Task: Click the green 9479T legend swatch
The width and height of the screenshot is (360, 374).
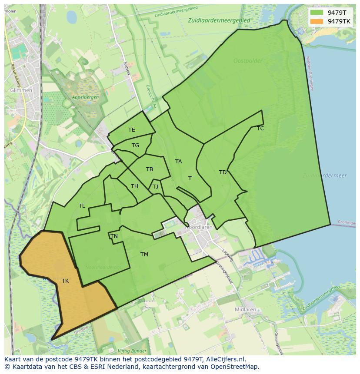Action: pyautogui.click(x=317, y=13)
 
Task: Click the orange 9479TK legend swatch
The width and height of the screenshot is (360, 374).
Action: pyautogui.click(x=317, y=21)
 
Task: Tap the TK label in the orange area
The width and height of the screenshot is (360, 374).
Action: pyautogui.click(x=65, y=281)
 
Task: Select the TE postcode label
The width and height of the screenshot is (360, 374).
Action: pyautogui.click(x=132, y=130)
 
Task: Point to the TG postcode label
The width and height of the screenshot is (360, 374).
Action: pyautogui.click(x=135, y=146)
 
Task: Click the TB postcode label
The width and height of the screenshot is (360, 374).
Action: pyautogui.click(x=150, y=169)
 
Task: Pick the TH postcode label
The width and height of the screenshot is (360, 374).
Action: pyautogui.click(x=134, y=186)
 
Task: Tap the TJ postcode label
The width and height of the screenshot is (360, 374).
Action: pyautogui.click(x=155, y=187)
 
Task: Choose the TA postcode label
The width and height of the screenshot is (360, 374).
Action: pyautogui.click(x=178, y=162)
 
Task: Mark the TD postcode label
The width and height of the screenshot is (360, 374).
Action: pyautogui.click(x=223, y=172)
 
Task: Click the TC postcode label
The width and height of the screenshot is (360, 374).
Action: pyautogui.click(x=260, y=129)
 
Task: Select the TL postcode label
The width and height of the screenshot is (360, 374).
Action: pyautogui.click(x=82, y=206)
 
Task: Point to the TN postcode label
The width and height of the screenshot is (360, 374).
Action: pyautogui.click(x=114, y=236)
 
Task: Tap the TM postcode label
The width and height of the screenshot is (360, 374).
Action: pyautogui.click(x=144, y=255)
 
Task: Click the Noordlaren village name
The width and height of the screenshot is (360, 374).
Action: pyautogui.click(x=199, y=227)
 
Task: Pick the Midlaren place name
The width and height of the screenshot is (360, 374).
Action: pyautogui.click(x=245, y=310)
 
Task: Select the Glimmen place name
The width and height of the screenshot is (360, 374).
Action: pyautogui.click(x=21, y=90)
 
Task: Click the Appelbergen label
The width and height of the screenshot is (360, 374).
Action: pyautogui.click(x=85, y=97)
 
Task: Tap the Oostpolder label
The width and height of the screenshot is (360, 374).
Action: pyautogui.click(x=248, y=61)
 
